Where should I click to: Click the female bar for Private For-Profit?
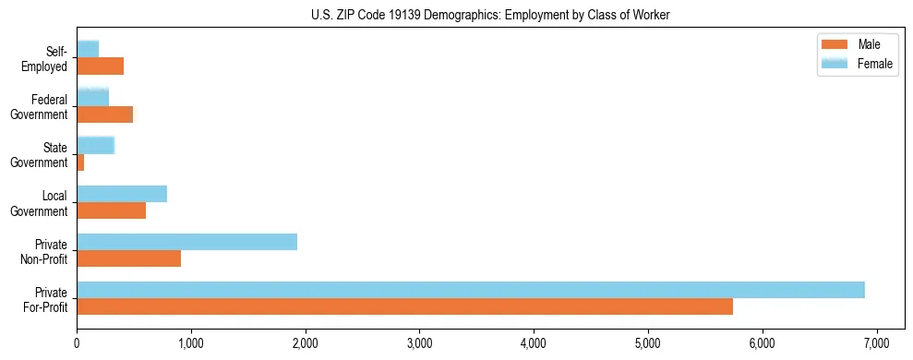pyautogui.click(x=471, y=290)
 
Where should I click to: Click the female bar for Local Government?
pyautogui.click(x=122, y=194)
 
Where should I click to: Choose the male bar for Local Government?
pyautogui.click(x=111, y=210)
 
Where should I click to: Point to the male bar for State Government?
pyautogui.click(x=80, y=162)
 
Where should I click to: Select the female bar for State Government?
pyautogui.click(x=95, y=145)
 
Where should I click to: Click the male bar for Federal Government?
pyautogui.click(x=104, y=114)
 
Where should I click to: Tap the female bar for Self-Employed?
pyautogui.click(x=88, y=49)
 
